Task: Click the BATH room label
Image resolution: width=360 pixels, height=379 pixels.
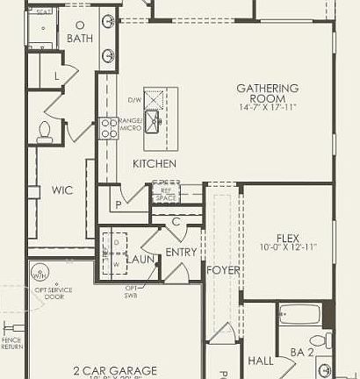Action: (79, 39)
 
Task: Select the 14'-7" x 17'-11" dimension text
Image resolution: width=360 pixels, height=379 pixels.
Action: (268, 107)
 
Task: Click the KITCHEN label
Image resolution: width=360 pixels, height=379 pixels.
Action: (155, 164)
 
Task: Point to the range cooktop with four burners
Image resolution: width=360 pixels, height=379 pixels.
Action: (109, 128)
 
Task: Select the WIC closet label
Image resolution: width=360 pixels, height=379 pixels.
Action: (62, 189)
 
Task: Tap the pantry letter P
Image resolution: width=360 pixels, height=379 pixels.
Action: (118, 204)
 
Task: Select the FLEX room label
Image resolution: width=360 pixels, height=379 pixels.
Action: (288, 238)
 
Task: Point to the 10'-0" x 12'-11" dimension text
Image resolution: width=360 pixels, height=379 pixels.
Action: (288, 248)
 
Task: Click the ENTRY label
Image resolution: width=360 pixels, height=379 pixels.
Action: (182, 253)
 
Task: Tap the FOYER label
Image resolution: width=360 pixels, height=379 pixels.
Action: (223, 270)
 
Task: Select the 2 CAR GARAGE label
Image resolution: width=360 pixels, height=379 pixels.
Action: (115, 370)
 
